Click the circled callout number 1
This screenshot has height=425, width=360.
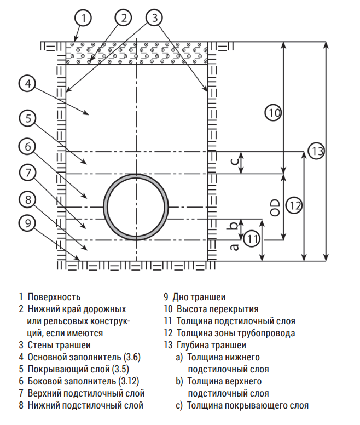(83, 18)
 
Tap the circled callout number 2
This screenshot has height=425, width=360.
(124, 18)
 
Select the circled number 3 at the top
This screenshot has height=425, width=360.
(154, 18)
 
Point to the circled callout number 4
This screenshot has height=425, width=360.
(27, 84)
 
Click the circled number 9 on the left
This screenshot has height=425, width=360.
(27, 223)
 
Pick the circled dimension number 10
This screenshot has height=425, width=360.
(273, 112)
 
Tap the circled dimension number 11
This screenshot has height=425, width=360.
(252, 239)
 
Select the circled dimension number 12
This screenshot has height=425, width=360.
(294, 205)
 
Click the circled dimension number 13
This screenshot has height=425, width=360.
(316, 151)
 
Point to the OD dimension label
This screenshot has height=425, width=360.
(275, 208)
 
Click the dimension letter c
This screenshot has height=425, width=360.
(235, 162)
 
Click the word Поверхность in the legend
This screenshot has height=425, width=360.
(54, 297)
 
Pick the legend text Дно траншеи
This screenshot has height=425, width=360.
(199, 297)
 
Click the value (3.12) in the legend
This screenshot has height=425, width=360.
(129, 381)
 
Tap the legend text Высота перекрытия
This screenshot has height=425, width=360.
(217, 309)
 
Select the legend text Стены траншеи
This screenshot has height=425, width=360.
(59, 345)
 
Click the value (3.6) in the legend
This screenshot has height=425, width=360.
(132, 357)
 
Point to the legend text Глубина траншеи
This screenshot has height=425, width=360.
(211, 345)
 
